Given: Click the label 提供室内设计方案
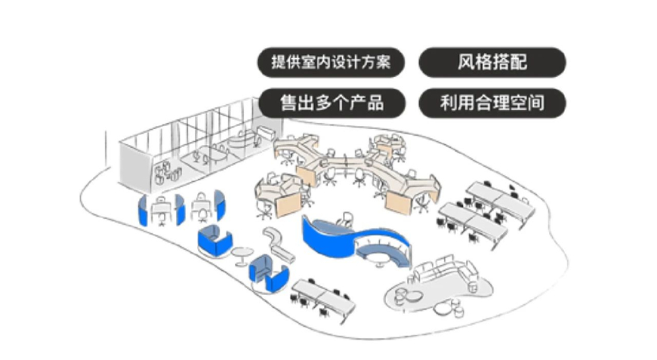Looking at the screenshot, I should pyautogui.click(x=331, y=63).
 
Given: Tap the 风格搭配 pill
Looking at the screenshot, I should pyautogui.click(x=492, y=63).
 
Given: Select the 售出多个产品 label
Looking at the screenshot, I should pyautogui.click(x=331, y=103).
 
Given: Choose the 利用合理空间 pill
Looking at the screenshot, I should pyautogui.click(x=492, y=103).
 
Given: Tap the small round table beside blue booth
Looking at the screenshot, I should pyautogui.click(x=242, y=253).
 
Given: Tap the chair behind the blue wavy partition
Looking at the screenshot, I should pyautogui.click(x=347, y=220).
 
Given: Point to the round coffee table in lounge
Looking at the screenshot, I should pyautogui.click(x=414, y=294).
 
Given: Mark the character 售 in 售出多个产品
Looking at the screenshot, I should pyautogui.click(x=288, y=103).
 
